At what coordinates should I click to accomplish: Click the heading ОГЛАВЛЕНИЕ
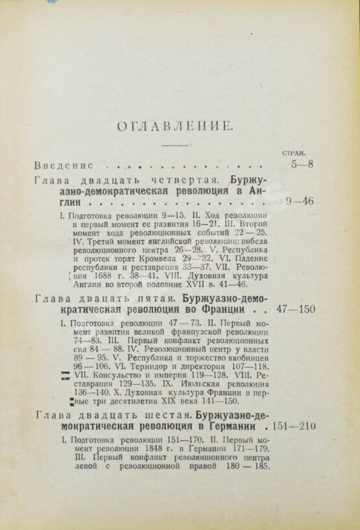tap(173, 126)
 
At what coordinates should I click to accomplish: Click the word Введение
tap(64, 165)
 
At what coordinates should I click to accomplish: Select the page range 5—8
tap(302, 165)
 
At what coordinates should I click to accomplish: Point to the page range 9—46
tap(299, 202)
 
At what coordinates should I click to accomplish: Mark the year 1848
tap(134, 449)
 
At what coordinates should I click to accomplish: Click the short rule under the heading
tap(173, 145)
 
